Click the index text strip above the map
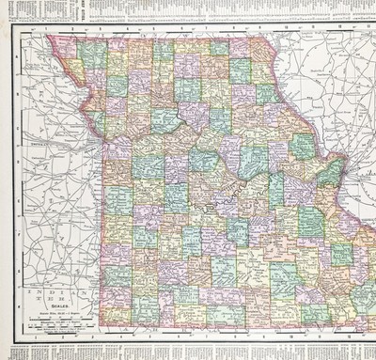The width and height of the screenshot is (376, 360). (x=188, y=7)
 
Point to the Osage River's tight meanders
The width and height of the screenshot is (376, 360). (x=188, y=202)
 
